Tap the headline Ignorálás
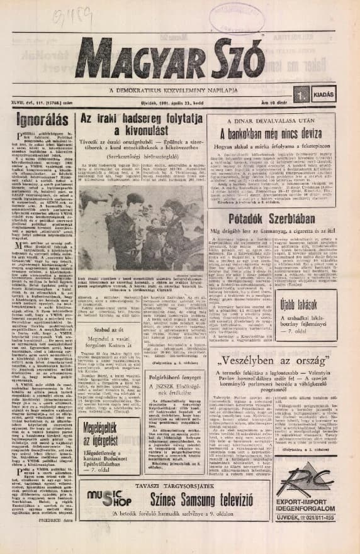tap(34, 118)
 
